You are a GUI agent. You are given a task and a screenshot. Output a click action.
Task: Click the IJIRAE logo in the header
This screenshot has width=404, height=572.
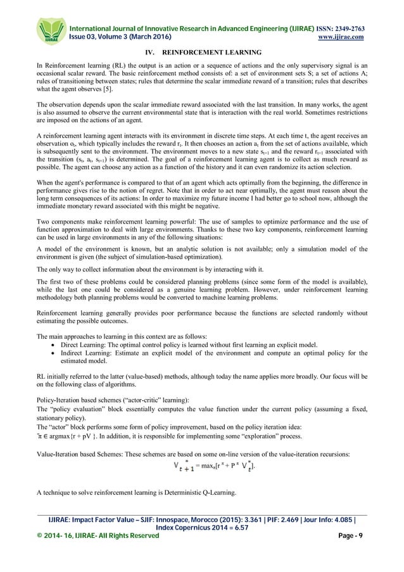coord(50,30)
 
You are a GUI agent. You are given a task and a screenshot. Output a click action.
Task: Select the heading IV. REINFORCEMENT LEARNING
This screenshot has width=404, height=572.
coord(201,54)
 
